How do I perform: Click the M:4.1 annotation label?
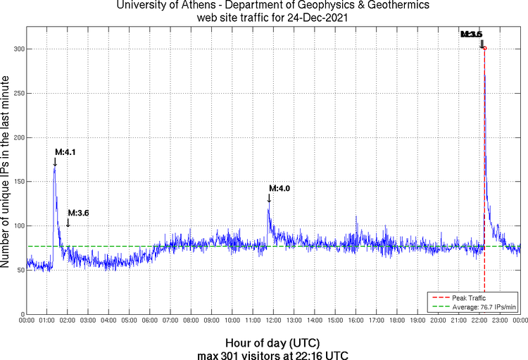click(x=65, y=151)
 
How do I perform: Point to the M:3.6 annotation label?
click(x=78, y=213)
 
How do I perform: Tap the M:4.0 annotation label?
click(x=279, y=188)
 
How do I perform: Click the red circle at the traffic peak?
click(x=484, y=48)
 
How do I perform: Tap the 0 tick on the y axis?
click(x=23, y=314)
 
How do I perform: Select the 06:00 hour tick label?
click(x=150, y=321)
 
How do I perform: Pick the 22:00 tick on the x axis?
click(x=479, y=321)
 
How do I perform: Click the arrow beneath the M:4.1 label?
click(x=55, y=162)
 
